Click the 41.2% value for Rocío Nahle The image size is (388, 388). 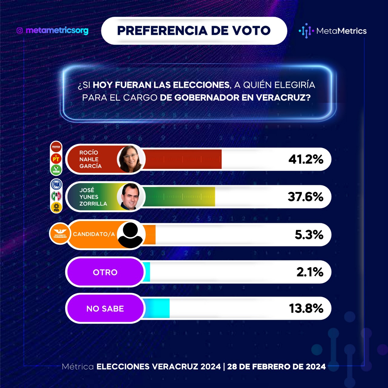[306, 159]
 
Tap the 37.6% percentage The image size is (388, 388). [306, 196]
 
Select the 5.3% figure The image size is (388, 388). [309, 235]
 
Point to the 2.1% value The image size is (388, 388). [310, 272]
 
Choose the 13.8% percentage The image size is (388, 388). [306, 308]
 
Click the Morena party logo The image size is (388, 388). [56, 147]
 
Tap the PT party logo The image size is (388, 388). [56, 159]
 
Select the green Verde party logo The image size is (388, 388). [56, 169]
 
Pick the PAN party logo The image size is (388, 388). [56, 184]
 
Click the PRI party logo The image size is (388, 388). [56, 196]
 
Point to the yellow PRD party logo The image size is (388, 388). [56, 207]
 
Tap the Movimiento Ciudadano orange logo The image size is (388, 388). [60, 234]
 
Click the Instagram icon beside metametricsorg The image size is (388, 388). [20, 31]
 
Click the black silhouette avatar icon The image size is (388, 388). [130, 235]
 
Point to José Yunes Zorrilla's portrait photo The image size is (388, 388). [130, 196]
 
